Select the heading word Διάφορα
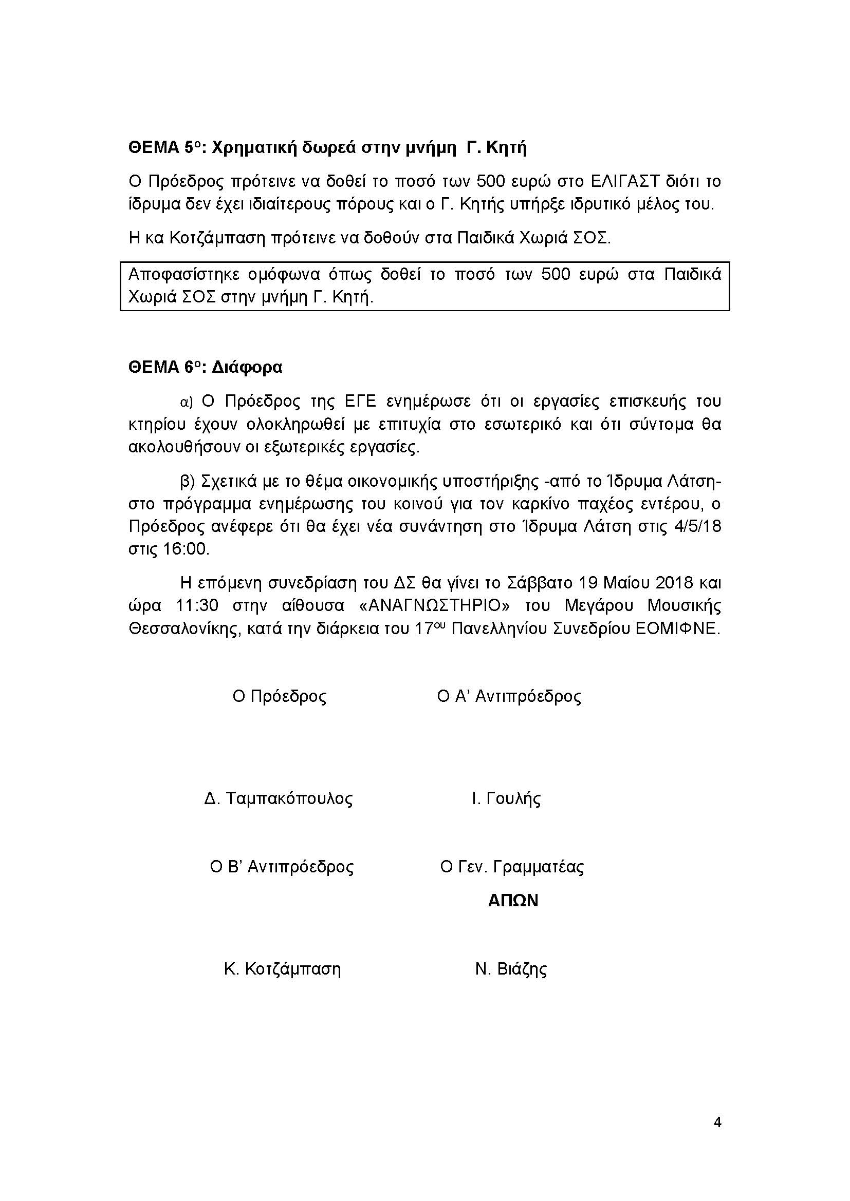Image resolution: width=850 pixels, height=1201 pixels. (247, 368)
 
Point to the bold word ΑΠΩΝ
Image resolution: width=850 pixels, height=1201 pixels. (512, 901)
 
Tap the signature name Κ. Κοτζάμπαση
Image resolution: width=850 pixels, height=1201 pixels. (282, 969)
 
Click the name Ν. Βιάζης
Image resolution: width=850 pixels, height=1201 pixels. (511, 969)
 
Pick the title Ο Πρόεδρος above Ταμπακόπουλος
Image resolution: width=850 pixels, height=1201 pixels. (280, 696)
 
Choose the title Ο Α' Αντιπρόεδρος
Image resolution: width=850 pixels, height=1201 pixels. (509, 696)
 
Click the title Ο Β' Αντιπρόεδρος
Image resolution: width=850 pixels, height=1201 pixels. (282, 867)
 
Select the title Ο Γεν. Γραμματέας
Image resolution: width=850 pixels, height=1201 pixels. (512, 867)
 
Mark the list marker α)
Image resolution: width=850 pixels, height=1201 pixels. (187, 402)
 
